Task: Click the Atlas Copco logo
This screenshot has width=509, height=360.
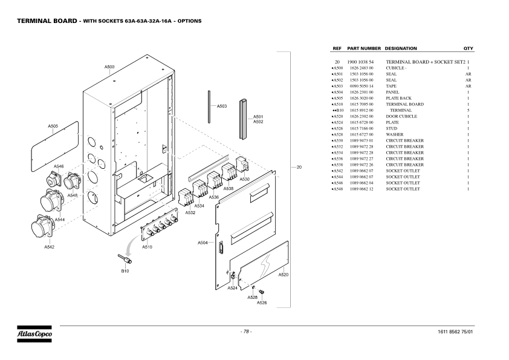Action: click(x=34, y=333)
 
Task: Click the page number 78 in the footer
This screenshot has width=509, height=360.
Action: click(x=246, y=332)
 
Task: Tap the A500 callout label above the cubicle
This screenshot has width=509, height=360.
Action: click(x=109, y=67)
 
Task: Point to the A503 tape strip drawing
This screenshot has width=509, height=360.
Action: click(x=209, y=106)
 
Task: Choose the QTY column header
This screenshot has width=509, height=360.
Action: click(x=468, y=48)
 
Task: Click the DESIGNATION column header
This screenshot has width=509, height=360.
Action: click(x=401, y=48)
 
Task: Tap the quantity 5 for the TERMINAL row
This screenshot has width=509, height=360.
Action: click(x=468, y=111)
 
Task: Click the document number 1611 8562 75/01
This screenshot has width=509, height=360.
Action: click(x=455, y=332)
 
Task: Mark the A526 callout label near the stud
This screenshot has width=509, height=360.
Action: click(x=262, y=303)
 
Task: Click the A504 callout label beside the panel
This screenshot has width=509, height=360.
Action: click(x=203, y=243)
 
